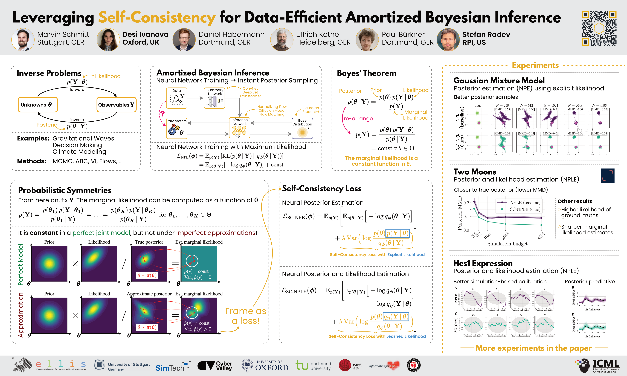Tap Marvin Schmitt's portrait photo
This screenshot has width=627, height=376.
coord(23,40)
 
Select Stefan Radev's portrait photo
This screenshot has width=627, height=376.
coord(448,40)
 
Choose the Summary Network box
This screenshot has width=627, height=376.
coord(214,98)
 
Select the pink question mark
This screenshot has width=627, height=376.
coord(162,113)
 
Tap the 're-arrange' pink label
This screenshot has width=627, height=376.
coord(358,119)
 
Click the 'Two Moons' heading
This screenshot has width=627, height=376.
coord(475,172)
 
